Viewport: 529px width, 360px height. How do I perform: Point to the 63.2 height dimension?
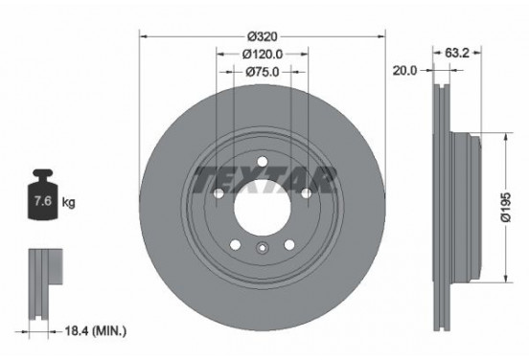point(458,53)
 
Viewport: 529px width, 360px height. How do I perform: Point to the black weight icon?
point(43,198)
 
